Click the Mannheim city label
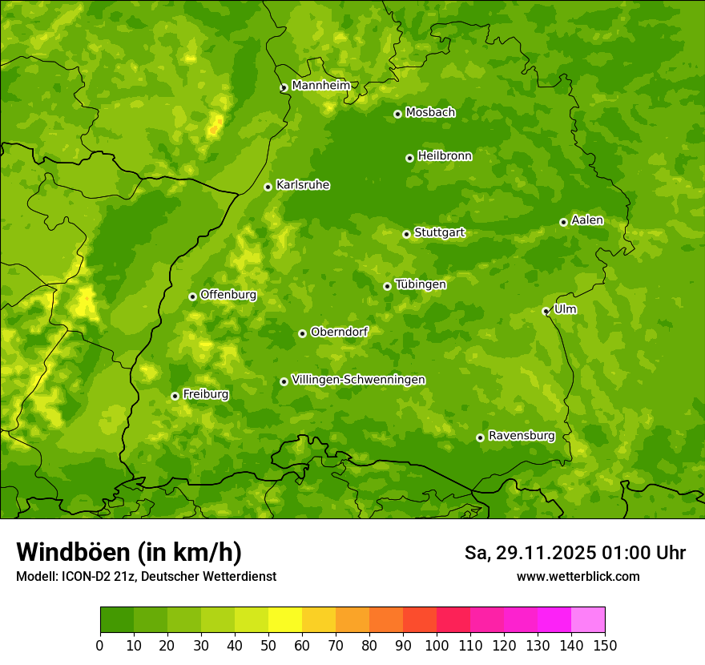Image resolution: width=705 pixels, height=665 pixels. tap(320, 86)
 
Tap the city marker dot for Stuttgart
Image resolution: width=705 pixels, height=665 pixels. tap(407, 234)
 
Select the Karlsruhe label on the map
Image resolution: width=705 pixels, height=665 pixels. tap(303, 185)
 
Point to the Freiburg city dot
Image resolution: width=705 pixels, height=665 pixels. tap(175, 396)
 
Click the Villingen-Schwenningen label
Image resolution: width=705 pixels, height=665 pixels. tap(358, 380)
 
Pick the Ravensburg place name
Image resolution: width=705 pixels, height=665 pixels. tap(521, 436)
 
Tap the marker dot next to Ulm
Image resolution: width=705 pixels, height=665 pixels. tap(546, 311)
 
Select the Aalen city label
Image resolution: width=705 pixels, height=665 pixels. tap(587, 220)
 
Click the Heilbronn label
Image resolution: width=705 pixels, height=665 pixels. tap(445, 156)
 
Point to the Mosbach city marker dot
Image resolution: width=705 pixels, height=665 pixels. tap(397, 114)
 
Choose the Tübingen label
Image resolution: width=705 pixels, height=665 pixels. tap(421, 284)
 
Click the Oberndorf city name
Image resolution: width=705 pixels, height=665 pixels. tap(339, 332)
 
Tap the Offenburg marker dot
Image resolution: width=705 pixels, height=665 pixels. tap(192, 296)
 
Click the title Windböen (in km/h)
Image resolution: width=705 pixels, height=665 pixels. tap(129, 552)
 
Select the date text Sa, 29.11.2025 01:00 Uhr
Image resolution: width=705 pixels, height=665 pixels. tap(574, 553)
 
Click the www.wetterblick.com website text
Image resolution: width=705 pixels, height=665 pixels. tap(578, 576)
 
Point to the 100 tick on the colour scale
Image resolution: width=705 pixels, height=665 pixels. tap(437, 645)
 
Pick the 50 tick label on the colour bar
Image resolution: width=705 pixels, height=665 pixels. tap(268, 645)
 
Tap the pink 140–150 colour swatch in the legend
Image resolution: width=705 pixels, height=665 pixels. tap(588, 619)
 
